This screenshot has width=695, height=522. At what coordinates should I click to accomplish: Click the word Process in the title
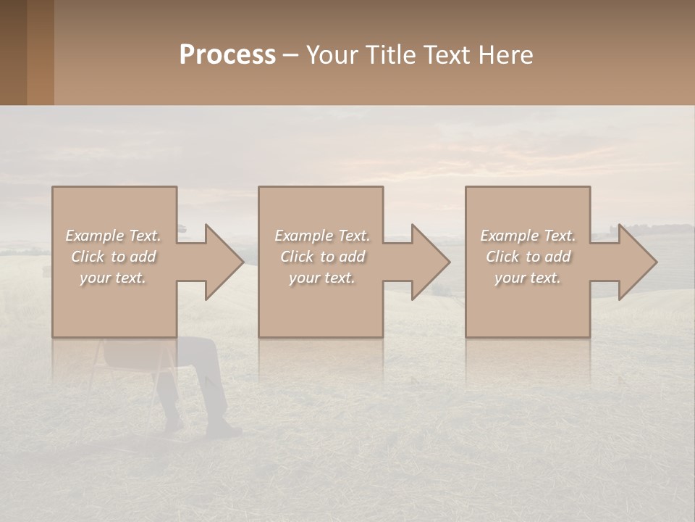pyautogui.click(x=227, y=54)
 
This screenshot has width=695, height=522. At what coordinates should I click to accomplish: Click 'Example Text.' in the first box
pyautogui.click(x=114, y=236)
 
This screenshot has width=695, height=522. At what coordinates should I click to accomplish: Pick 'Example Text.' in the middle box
pyautogui.click(x=322, y=236)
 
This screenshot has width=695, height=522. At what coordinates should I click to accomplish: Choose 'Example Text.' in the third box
pyautogui.click(x=528, y=236)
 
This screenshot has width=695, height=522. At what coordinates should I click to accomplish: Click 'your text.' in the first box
pyautogui.click(x=113, y=278)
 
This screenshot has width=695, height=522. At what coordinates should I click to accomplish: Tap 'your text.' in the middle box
pyautogui.click(x=321, y=278)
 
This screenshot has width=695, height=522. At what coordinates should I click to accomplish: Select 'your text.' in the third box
pyautogui.click(x=527, y=278)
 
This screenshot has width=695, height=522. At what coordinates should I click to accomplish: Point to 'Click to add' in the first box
pyautogui.click(x=114, y=257)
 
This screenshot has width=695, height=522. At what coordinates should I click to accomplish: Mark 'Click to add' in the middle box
pyautogui.click(x=322, y=257)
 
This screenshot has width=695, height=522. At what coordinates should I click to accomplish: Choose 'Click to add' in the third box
pyautogui.click(x=528, y=257)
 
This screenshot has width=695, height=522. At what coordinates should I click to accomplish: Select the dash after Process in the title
pyautogui.click(x=291, y=55)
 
